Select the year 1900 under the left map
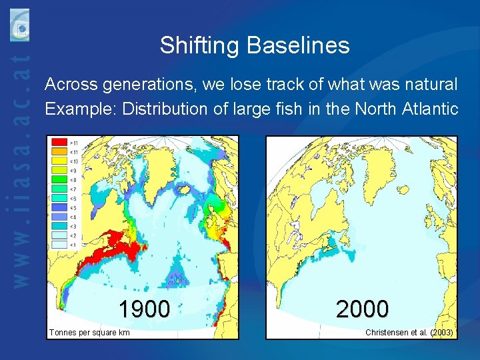[x=144, y=309]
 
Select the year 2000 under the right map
[x=362, y=309]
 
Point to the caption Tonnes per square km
[x=89, y=332]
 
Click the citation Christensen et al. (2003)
[x=409, y=332]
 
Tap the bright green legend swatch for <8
[x=60, y=180]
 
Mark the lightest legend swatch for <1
[x=60, y=245]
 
